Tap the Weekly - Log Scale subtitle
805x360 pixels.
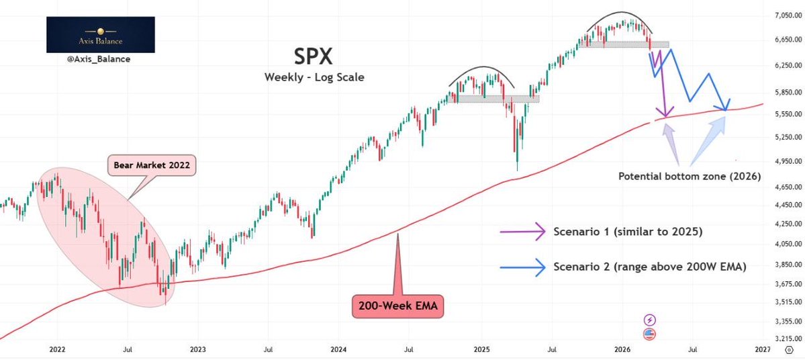click(314, 77)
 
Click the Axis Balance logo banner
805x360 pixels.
click(100, 35)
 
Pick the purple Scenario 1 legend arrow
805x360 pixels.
click(523, 232)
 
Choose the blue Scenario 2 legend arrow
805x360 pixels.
click(523, 267)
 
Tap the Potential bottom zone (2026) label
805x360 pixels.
click(689, 177)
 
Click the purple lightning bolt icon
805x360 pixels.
click(649, 320)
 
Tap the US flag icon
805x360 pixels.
click(649, 334)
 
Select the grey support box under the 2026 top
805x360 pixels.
click(625, 45)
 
